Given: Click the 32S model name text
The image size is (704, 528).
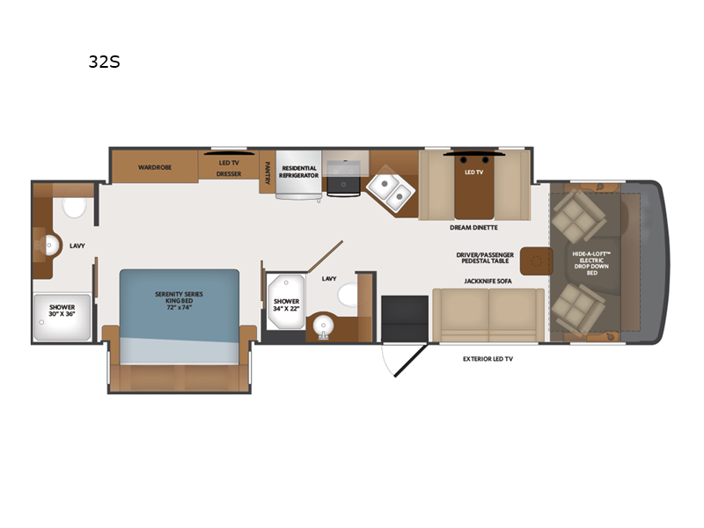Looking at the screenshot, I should [104, 62].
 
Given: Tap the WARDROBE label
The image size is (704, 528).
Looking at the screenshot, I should [154, 166].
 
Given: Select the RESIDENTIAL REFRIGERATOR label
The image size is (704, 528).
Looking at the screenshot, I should [297, 171].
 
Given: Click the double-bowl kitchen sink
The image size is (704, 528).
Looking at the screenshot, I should [388, 189].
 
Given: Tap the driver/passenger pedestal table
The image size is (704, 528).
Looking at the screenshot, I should [535, 260].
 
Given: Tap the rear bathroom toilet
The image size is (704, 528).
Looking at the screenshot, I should [74, 207].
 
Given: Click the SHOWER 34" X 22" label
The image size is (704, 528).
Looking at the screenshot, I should [286, 305].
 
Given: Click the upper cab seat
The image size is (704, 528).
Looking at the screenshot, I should [576, 216].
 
